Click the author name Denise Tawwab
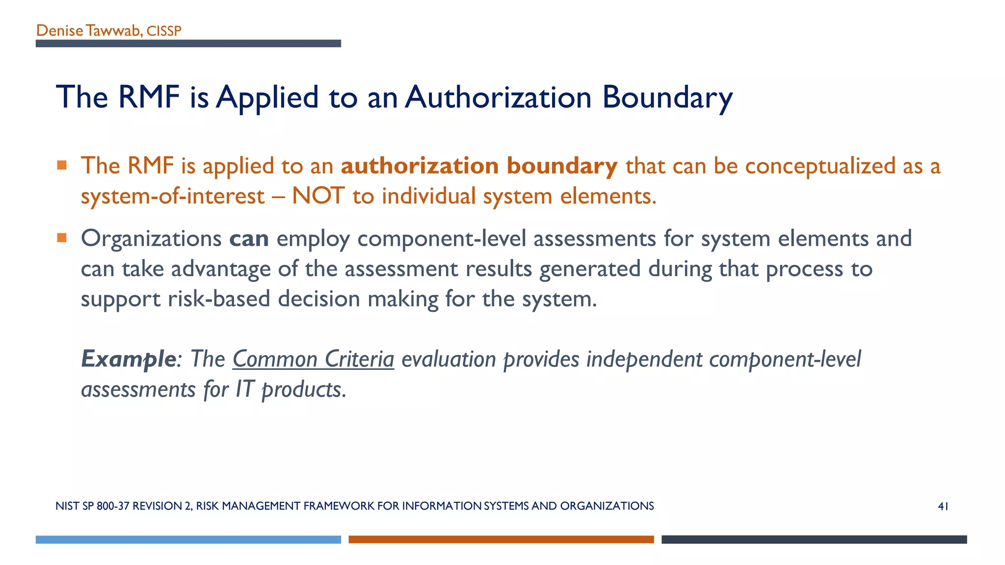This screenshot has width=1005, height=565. [89, 31]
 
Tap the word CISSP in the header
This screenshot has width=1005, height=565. [164, 31]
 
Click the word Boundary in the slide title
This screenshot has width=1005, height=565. [667, 97]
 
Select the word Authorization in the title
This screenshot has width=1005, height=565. [498, 97]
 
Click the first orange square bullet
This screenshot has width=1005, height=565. [61, 165]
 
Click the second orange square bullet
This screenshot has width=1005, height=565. [61, 238]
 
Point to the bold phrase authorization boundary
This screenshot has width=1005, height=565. [479, 166]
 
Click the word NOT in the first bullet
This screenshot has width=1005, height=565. [318, 196]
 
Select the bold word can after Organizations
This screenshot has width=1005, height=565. [249, 239]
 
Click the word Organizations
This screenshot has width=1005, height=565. [151, 239]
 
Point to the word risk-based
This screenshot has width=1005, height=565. [219, 299]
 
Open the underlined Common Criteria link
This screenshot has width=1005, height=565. [313, 359]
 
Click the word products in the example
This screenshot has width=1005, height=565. [303, 390]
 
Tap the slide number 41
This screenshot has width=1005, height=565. [943, 507]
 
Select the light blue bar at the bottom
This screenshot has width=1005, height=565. [188, 539]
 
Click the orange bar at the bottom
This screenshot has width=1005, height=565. [501, 539]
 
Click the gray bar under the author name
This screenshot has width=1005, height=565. [188, 44]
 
